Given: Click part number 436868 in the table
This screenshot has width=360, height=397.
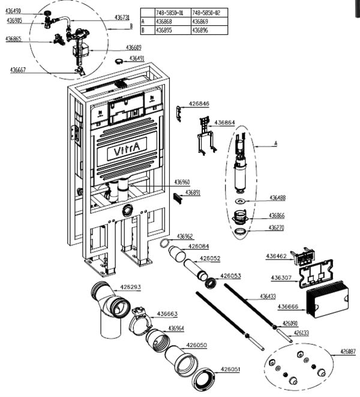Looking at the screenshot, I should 164,21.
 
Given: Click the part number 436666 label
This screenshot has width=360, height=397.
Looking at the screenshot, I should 287,307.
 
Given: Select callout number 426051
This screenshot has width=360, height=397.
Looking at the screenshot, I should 230,369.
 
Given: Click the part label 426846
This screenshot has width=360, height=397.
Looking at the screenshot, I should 199,104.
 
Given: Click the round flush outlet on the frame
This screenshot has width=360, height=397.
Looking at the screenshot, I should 127,210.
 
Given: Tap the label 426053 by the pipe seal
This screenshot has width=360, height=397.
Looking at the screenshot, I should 230,276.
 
